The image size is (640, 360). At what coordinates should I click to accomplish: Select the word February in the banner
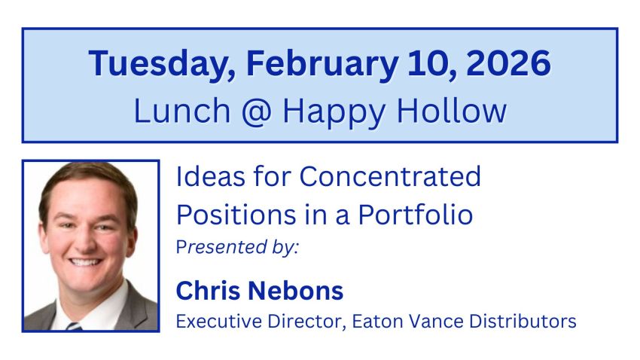(322, 65)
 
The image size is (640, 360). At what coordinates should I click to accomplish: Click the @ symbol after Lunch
(256, 111)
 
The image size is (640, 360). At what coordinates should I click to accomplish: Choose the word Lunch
(182, 111)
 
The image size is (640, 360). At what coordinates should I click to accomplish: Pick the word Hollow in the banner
(452, 110)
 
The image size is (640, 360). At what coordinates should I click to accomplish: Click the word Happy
(334, 113)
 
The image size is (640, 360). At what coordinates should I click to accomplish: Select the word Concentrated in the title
(390, 176)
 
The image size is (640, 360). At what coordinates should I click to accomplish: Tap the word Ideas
(211, 176)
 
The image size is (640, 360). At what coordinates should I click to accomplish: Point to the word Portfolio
(416, 214)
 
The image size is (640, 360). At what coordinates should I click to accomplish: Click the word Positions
(236, 214)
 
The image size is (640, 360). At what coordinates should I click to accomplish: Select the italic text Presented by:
(237, 247)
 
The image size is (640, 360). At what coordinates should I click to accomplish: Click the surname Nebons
(295, 290)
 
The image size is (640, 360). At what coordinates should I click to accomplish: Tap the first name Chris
(208, 290)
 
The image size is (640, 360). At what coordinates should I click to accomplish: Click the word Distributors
(523, 322)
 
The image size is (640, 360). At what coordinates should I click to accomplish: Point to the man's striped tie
(74, 326)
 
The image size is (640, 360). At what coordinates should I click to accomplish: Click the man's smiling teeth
(85, 262)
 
